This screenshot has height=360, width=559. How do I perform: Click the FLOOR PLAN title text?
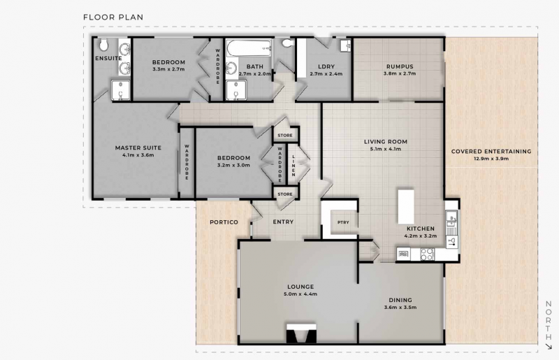click(113, 17)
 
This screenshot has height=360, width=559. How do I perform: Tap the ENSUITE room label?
click(108, 58)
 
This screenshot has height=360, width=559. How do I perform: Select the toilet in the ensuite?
click(103, 45)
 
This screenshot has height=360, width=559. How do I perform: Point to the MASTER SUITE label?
click(138, 147)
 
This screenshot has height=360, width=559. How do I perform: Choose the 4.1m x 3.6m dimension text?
click(138, 155)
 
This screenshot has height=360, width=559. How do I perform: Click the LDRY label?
click(326, 66)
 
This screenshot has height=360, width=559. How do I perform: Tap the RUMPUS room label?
click(400, 66)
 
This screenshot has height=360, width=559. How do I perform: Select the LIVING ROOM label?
click(386, 142)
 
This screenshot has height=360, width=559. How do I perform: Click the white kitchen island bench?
click(406, 207)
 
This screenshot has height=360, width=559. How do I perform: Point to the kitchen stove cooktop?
click(427, 254)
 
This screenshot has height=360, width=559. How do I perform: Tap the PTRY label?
click(343, 222)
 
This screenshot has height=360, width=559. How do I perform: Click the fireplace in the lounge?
click(301, 334)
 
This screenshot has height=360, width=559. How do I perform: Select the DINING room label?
click(400, 300)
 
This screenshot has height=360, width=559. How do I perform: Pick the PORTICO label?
click(224, 222)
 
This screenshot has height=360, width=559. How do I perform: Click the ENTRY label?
click(283, 222)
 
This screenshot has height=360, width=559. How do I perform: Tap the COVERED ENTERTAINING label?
click(491, 151)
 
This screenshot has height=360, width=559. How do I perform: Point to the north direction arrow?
click(549, 346)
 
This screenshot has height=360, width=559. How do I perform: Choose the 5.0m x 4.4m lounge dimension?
click(300, 294)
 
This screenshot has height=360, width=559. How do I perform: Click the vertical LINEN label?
click(293, 166)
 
